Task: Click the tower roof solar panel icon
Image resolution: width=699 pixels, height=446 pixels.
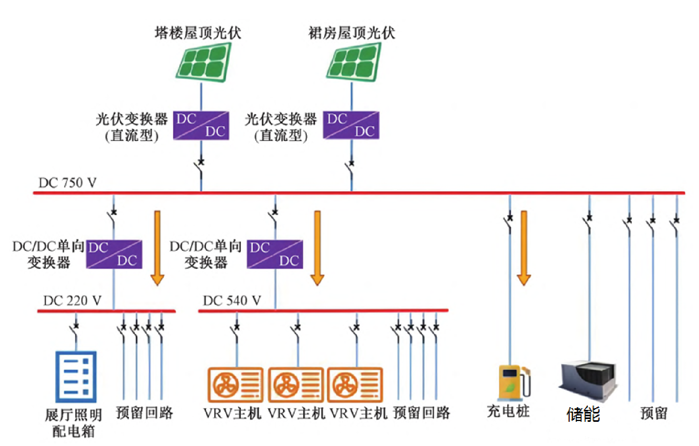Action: [x=203, y=62]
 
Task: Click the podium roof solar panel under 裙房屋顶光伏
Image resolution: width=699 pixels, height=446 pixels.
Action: [x=354, y=62]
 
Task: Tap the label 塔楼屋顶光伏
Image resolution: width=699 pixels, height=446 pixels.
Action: [x=198, y=33]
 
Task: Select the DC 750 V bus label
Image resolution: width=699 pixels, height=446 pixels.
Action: [x=67, y=183]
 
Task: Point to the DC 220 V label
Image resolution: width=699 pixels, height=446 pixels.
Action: [x=72, y=301]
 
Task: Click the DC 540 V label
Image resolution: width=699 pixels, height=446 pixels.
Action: [x=232, y=301]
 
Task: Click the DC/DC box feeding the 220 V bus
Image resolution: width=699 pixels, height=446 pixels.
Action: [x=114, y=255]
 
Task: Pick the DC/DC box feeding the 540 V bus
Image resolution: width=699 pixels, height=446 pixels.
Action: [x=275, y=255]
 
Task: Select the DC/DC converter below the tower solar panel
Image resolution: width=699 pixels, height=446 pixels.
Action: [x=201, y=125]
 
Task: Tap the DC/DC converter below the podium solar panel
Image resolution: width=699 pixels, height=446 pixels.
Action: [x=351, y=125]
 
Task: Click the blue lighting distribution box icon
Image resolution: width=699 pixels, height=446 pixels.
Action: [x=76, y=376]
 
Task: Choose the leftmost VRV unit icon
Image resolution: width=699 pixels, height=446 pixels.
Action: [x=236, y=385]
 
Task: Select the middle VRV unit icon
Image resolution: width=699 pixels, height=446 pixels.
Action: [x=296, y=385]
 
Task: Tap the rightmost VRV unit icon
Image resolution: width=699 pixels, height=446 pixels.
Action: [x=355, y=385]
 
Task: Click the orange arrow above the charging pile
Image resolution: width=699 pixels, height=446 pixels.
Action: [x=524, y=248]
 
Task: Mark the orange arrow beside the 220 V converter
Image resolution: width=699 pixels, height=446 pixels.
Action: [x=157, y=248]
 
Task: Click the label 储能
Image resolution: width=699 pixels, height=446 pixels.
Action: [x=583, y=415]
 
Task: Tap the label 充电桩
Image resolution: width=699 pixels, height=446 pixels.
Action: [x=508, y=411]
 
